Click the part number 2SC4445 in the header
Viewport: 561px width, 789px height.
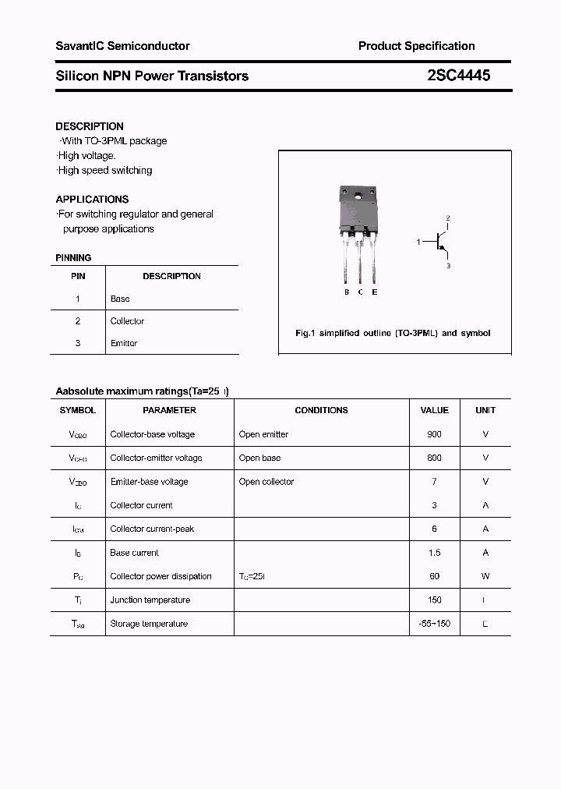point(459,76)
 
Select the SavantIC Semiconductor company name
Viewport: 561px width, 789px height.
point(122,47)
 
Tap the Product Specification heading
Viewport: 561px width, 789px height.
point(416,47)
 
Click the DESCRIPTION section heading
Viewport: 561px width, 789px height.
point(90,126)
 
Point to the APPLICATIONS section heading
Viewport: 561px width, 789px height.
point(92,200)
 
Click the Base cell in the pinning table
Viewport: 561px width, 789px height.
point(120,299)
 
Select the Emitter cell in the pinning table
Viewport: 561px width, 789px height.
point(124,344)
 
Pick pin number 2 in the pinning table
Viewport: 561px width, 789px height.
point(78,321)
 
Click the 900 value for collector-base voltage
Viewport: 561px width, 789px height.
point(434,434)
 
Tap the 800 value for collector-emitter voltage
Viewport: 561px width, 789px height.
point(434,458)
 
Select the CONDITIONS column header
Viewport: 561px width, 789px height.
point(321,410)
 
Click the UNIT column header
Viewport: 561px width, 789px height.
point(485,410)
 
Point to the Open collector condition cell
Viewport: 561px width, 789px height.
point(266,482)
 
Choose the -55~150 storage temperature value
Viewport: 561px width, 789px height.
point(434,624)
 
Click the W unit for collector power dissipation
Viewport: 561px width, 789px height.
point(485,577)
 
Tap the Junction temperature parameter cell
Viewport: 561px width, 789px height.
point(150,600)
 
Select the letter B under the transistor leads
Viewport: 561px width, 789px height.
point(347,292)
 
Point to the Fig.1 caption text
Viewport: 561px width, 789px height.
point(393,334)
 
